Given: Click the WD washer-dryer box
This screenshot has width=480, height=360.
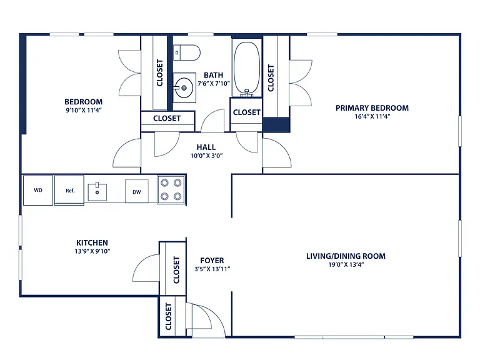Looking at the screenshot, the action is [x=38, y=190].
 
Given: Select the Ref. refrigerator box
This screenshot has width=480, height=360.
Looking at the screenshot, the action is [x=69, y=190].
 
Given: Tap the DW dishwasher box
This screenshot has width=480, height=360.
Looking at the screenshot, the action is [x=136, y=191].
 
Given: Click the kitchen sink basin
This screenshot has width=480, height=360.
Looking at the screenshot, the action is [x=97, y=192].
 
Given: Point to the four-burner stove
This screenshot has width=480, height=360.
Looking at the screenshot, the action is [x=171, y=189].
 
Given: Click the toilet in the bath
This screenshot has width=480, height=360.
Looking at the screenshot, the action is [x=186, y=52].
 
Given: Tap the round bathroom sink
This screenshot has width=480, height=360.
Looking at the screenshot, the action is [x=184, y=87].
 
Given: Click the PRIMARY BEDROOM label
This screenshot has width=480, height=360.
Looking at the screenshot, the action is [x=372, y=108].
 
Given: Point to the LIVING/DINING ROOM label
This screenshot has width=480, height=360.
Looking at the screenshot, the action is [x=346, y=256].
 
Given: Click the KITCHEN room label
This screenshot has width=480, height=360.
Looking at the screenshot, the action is [x=92, y=242].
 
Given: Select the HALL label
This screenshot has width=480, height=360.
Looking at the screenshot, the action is [x=206, y=147].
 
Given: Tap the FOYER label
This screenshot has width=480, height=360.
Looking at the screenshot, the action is [x=212, y=261].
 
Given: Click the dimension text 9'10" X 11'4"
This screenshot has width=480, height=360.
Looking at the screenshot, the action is [x=84, y=110].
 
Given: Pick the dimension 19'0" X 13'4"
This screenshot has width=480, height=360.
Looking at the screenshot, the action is [x=346, y=265].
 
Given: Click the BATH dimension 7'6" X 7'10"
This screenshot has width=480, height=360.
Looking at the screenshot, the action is [x=214, y=84].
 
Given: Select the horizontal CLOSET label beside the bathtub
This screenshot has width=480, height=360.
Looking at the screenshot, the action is [x=246, y=112].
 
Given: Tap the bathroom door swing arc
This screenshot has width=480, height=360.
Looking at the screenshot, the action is [x=212, y=120].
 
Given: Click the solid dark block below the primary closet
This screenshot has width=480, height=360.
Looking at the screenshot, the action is [x=276, y=124].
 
